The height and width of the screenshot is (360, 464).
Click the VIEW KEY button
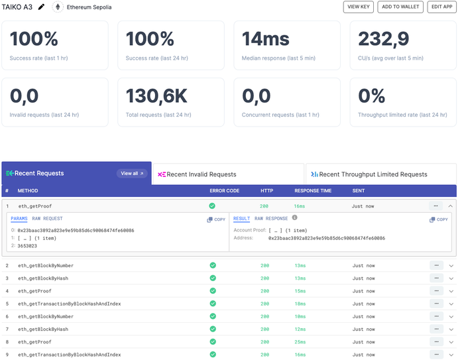pyautogui.click(x=359, y=7)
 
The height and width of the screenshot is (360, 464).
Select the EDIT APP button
pyautogui.click(x=442, y=7)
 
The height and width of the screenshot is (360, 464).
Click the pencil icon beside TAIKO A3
pyautogui.click(x=41, y=7)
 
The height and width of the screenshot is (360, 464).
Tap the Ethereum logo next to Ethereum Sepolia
pyautogui.click(x=58, y=7)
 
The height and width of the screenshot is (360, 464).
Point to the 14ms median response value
pyautogui.click(x=265, y=38)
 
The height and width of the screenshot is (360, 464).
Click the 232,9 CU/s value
pyautogui.click(x=384, y=38)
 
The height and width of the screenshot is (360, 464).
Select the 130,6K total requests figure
pyautogui.click(x=156, y=96)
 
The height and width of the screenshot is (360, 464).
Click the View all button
pyautogui.click(x=132, y=174)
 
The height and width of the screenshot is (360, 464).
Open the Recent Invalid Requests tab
pyautogui.click(x=229, y=174)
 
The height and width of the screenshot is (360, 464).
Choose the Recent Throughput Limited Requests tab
pyautogui.click(x=381, y=174)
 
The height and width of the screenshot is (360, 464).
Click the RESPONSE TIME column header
pyautogui.click(x=313, y=191)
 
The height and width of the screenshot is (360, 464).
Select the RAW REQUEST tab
pyautogui.click(x=47, y=219)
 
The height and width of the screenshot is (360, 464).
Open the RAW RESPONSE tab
pyautogui.click(x=271, y=219)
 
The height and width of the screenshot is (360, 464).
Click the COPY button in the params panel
pyautogui.click(x=216, y=219)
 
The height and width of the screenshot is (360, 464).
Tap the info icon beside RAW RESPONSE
pyautogui.click(x=295, y=217)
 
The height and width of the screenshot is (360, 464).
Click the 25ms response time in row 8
pyautogui.click(x=300, y=342)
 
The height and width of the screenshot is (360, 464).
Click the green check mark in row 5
pyautogui.click(x=213, y=304)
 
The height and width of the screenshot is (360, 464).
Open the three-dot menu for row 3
pyautogui.click(x=436, y=278)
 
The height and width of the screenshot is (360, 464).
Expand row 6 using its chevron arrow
pyautogui.click(x=451, y=317)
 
